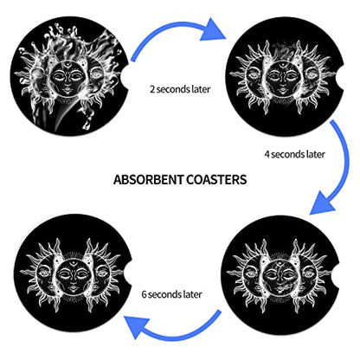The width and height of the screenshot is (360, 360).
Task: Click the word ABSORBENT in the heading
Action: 149,179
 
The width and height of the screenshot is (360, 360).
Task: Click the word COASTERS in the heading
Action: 216,179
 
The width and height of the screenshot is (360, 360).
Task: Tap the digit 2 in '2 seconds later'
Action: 152,89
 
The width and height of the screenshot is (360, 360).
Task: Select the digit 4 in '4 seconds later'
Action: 267,154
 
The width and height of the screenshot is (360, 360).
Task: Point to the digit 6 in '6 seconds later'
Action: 145,294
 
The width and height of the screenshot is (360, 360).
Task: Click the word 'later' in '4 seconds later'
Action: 316,154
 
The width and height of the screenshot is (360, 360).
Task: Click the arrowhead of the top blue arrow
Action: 213,29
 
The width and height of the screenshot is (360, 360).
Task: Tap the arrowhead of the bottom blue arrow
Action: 136,325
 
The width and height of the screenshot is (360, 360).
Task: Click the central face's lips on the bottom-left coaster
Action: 72,287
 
